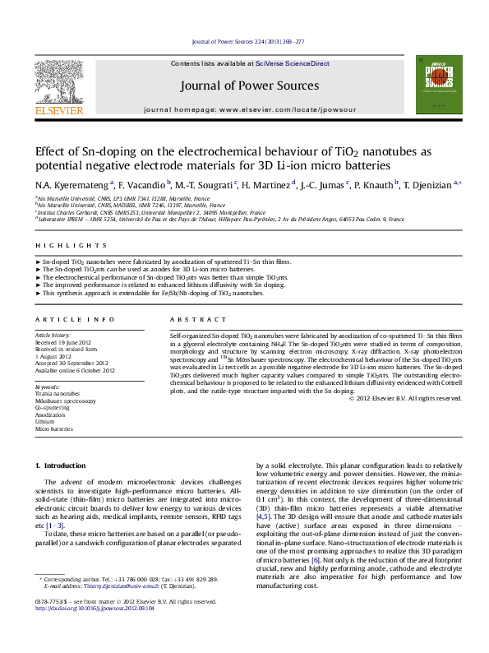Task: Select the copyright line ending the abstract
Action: (404, 398)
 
